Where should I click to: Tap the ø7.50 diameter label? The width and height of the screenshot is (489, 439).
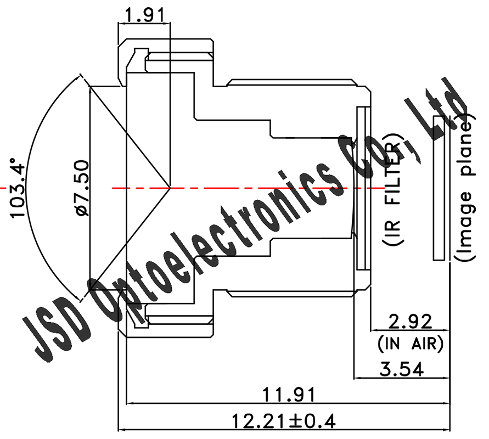[x=81, y=188]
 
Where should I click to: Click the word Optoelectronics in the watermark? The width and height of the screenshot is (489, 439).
[x=220, y=236]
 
